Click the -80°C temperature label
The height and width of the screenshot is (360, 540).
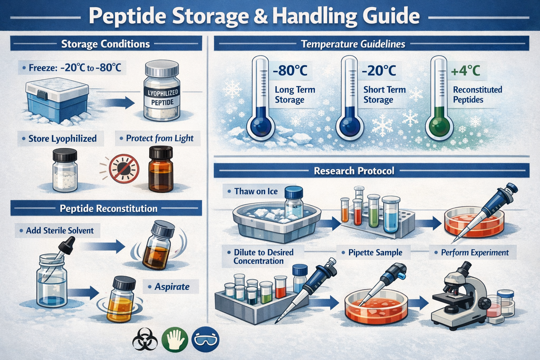(290, 71)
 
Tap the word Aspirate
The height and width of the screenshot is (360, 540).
(172, 287)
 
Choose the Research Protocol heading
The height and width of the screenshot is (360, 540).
(354, 171)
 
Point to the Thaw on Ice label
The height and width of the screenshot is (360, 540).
(256, 192)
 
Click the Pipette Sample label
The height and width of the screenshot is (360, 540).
(375, 252)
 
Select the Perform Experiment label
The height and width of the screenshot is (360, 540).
(475, 252)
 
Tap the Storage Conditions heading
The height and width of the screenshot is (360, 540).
(105, 44)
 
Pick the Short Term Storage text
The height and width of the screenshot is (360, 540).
(384, 95)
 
